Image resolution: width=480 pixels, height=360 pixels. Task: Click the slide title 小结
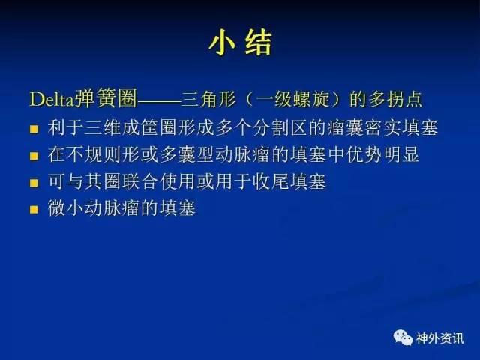tap(241, 43)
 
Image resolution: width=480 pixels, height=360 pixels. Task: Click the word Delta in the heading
tap(52, 99)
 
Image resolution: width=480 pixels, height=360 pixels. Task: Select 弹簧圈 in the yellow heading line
tap(106, 98)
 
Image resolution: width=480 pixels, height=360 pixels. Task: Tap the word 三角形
tap(208, 99)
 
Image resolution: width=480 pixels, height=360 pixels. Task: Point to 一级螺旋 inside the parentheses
tap(293, 99)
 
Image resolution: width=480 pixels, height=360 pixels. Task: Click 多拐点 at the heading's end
tap(395, 99)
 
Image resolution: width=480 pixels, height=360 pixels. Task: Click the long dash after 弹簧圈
tap(159, 100)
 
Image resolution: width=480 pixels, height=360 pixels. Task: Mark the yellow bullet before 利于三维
tap(34, 129)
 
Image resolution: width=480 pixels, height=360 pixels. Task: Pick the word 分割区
tap(280, 128)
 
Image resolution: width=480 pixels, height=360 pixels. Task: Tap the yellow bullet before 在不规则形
tap(34, 156)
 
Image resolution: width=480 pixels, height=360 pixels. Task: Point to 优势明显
tap(382, 154)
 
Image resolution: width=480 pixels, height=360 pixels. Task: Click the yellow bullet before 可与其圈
tap(34, 183)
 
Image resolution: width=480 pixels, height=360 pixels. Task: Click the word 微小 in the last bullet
tap(65, 208)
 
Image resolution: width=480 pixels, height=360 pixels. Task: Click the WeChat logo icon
tap(403, 337)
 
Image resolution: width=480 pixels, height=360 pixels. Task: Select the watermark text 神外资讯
tap(439, 338)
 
